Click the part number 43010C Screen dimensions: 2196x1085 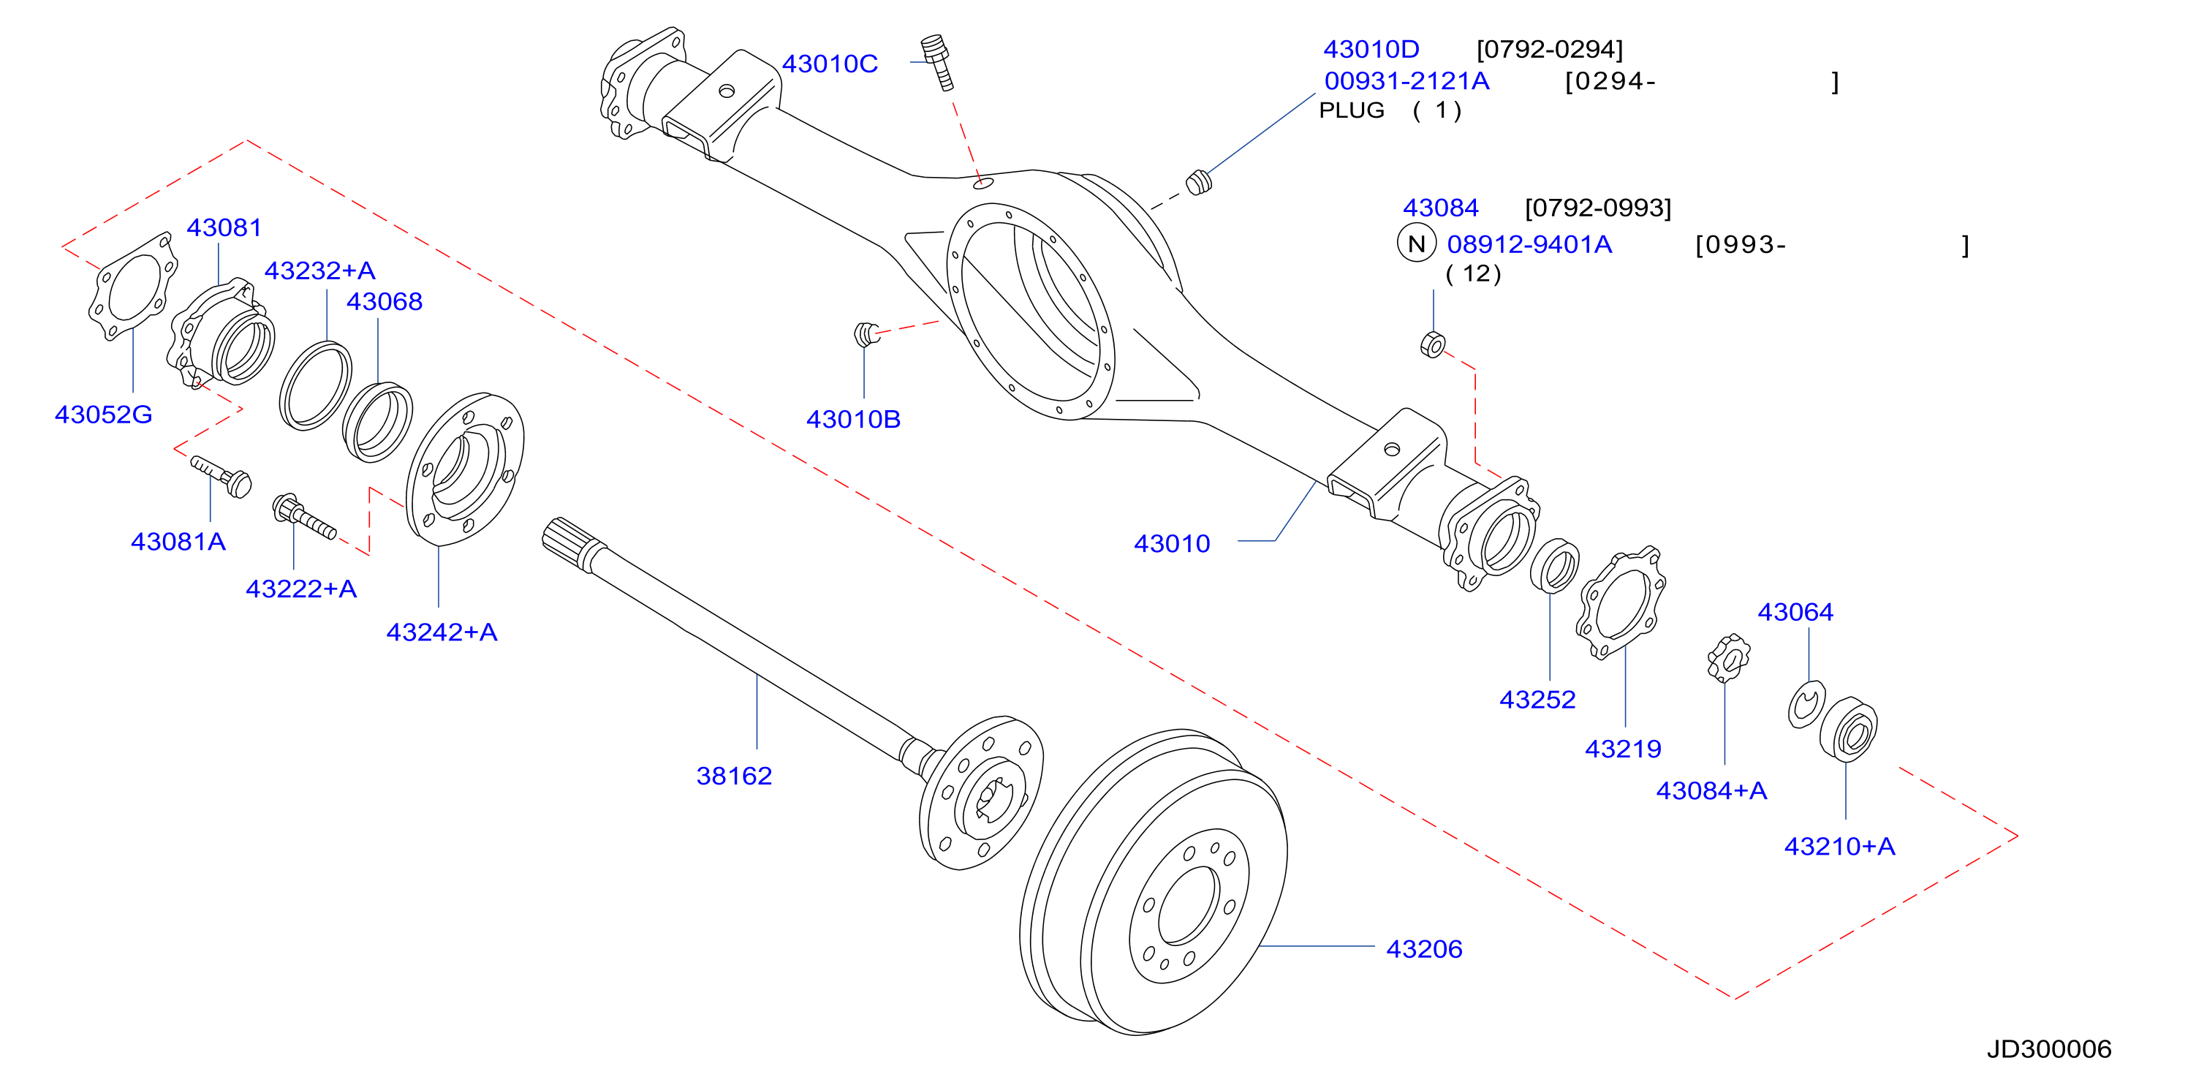click(x=830, y=64)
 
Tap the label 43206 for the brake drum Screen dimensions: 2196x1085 click(x=1423, y=948)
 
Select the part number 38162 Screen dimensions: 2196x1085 click(x=734, y=776)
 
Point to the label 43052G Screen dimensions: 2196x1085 click(x=103, y=415)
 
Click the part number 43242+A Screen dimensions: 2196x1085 click(x=442, y=632)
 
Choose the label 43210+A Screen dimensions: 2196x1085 click(x=1840, y=847)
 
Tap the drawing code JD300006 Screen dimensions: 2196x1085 click(x=2049, y=1049)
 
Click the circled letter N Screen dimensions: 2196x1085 click(x=1416, y=243)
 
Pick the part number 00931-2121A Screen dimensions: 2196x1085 click(x=1406, y=81)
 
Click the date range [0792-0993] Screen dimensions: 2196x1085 click(x=1597, y=208)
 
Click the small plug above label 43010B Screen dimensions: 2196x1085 click(x=866, y=333)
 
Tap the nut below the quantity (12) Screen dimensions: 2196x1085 click(x=1433, y=344)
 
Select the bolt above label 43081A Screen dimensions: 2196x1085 click(x=221, y=475)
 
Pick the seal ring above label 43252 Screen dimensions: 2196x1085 click(x=1554, y=565)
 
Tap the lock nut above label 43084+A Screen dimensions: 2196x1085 click(x=1728, y=658)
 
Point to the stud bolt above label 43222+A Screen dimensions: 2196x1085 click(x=303, y=515)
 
